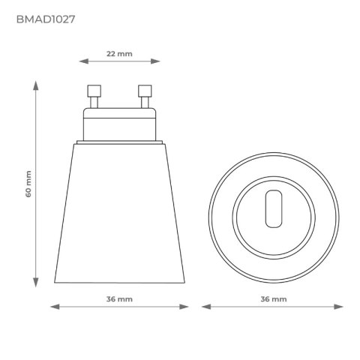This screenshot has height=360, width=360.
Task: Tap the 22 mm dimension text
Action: point(120,55)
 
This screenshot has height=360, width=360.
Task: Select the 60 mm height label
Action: point(28,184)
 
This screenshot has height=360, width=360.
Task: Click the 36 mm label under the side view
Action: point(120,298)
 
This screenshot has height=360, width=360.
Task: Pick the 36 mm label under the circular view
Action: point(273,298)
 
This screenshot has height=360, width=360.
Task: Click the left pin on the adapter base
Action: point(95,95)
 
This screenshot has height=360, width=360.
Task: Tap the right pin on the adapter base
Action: point(144,95)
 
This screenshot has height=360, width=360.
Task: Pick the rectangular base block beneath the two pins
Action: point(120,122)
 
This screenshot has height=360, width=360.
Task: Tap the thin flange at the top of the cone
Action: point(120,141)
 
